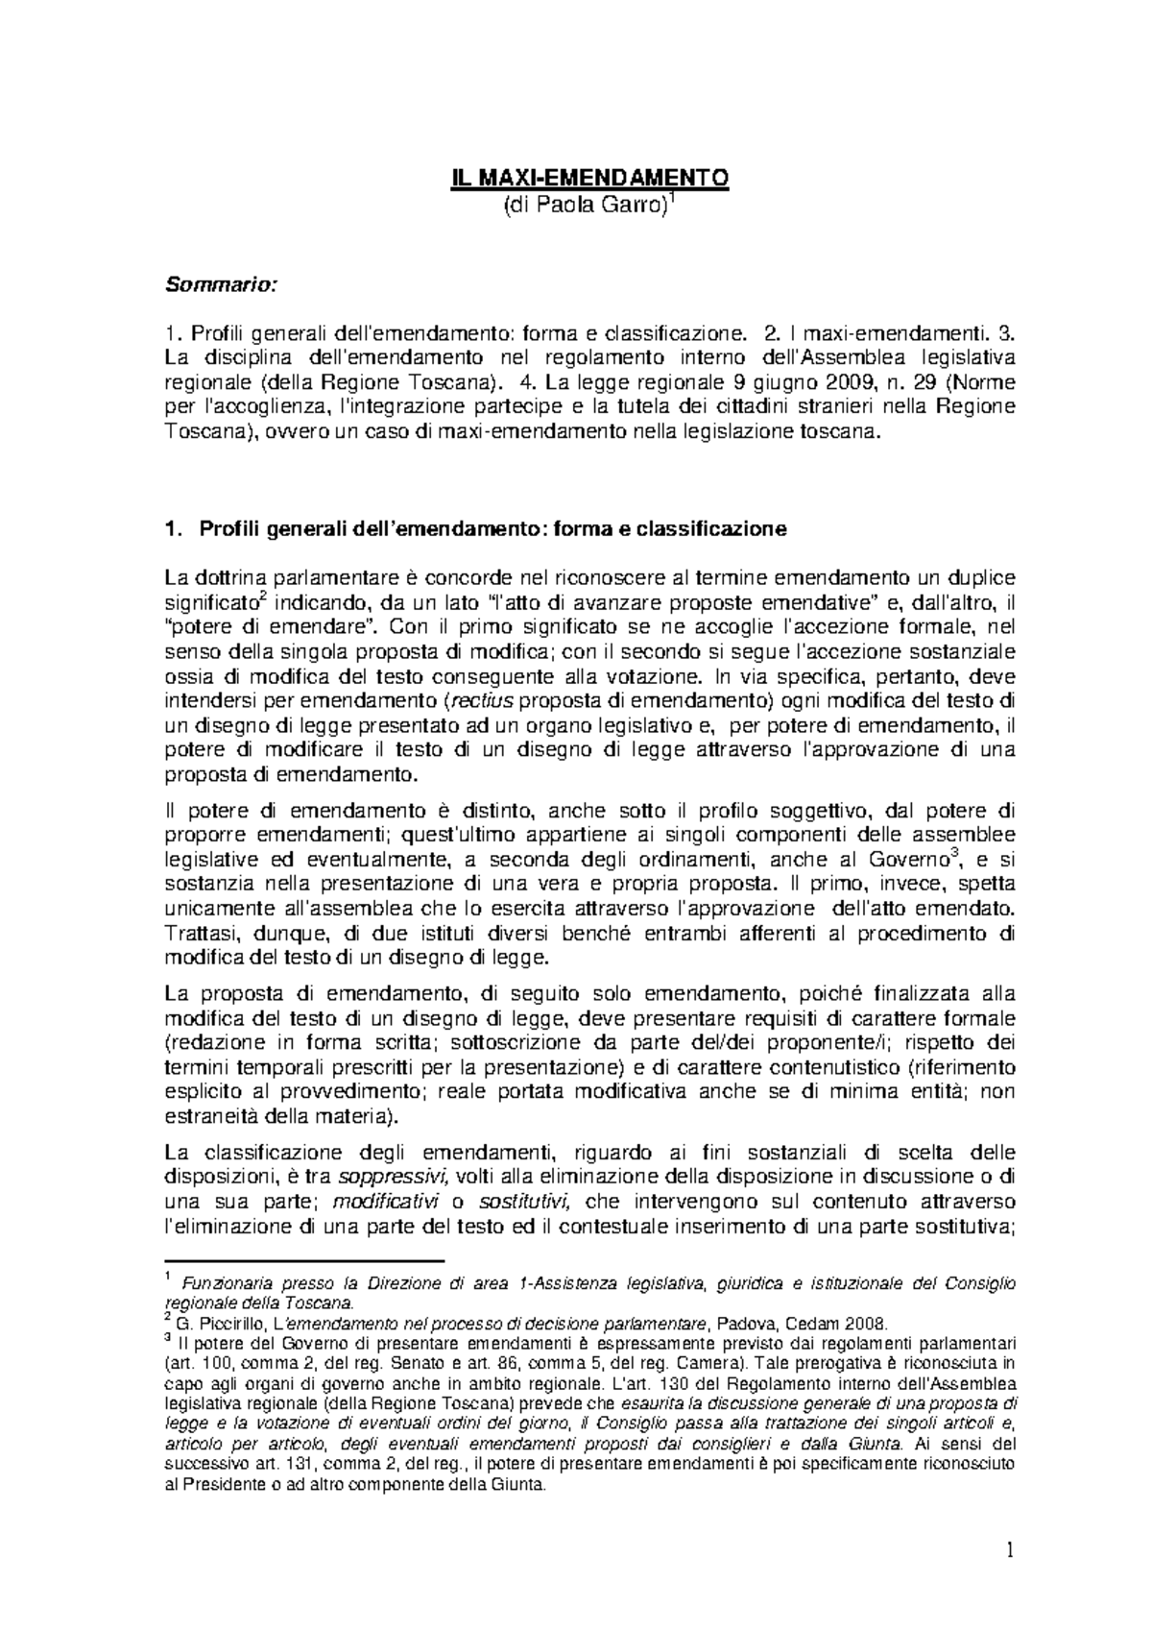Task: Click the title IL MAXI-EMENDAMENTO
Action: [x=591, y=179]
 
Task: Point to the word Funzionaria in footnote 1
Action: [x=228, y=1283]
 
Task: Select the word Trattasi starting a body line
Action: [x=198, y=933]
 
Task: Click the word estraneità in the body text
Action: [x=208, y=1117]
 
